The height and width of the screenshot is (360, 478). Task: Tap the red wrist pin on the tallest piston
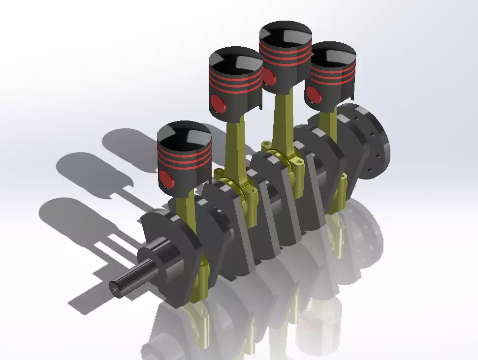[x=269, y=76]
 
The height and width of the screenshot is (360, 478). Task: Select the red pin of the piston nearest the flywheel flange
[x=313, y=94]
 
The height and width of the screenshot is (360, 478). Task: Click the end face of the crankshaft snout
[x=116, y=290]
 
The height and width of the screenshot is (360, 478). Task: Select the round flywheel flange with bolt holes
[x=374, y=140]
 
